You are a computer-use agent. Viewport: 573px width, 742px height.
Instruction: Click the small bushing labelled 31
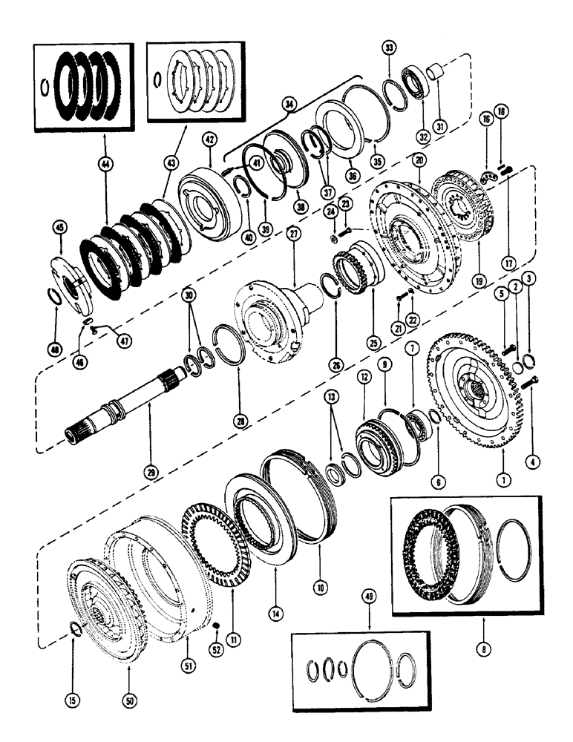(x=436, y=73)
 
